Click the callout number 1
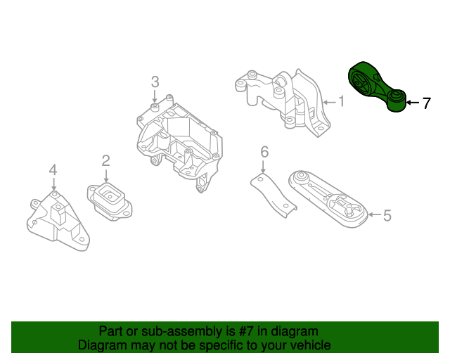[341, 102]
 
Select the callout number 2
[105, 161]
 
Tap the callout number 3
[155, 82]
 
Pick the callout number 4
[53, 169]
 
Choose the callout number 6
[264, 151]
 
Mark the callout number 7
[426, 103]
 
